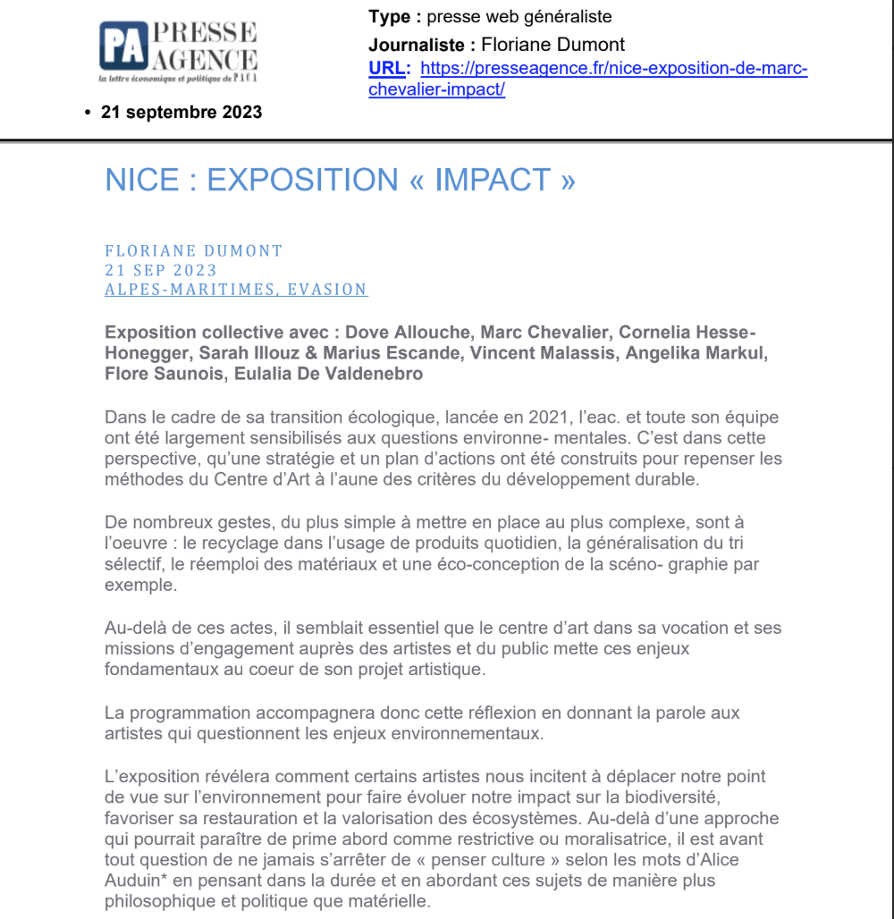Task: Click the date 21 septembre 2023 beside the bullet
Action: (181, 113)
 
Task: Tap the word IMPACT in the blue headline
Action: (493, 180)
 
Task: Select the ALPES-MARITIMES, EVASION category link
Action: (236, 290)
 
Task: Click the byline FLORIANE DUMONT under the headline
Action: (194, 251)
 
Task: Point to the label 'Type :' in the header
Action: (394, 17)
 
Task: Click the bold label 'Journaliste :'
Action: (420, 45)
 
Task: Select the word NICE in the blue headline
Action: (142, 180)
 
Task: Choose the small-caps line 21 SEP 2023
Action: (161, 270)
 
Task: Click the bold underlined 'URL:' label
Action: (389, 69)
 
